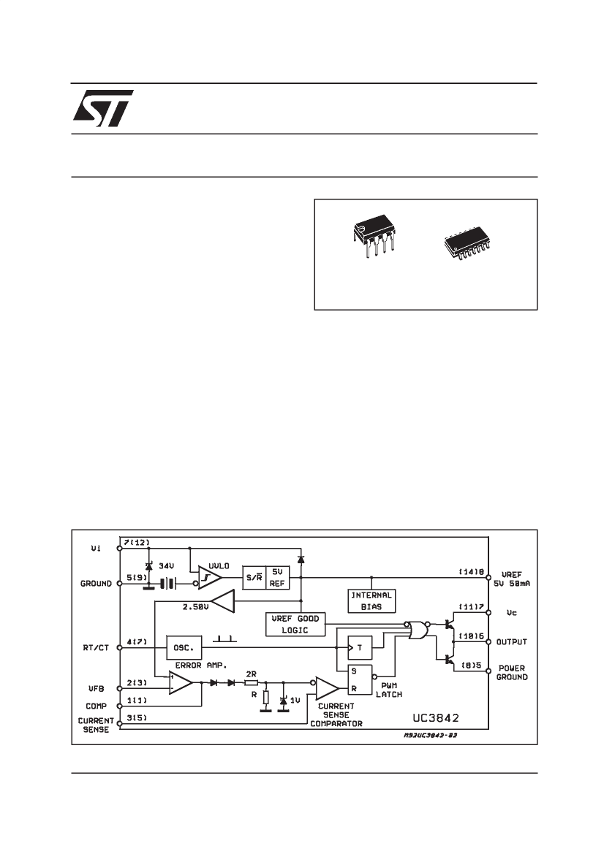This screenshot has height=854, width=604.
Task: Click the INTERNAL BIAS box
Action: (371, 601)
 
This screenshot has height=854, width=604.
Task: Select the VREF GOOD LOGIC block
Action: (295, 624)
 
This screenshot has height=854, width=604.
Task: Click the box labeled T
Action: (359, 647)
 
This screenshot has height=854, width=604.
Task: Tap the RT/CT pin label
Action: (96, 647)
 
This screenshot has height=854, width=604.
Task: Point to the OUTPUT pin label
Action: (512, 641)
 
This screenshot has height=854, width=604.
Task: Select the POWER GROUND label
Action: (512, 673)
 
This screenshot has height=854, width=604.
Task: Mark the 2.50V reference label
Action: (195, 606)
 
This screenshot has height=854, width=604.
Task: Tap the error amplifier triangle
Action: (180, 683)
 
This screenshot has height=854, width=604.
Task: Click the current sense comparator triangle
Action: (327, 688)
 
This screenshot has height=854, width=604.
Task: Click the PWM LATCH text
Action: (388, 690)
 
